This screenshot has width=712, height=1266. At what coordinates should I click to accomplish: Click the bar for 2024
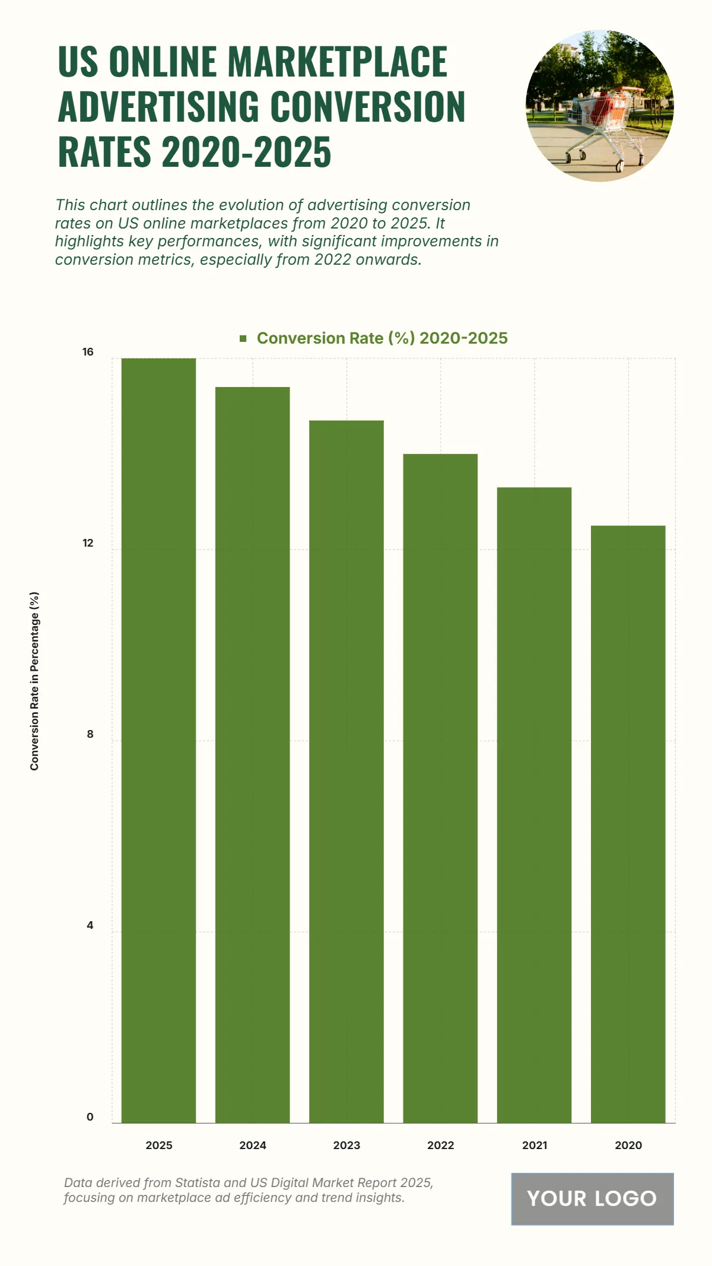[252, 754]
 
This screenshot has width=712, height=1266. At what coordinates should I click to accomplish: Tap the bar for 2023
[347, 771]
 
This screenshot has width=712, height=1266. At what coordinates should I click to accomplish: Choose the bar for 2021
[534, 805]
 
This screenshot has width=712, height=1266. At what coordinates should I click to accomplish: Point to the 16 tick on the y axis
[88, 352]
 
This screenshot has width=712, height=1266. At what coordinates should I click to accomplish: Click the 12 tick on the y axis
[88, 543]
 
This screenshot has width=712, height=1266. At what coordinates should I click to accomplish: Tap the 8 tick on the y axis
[90, 734]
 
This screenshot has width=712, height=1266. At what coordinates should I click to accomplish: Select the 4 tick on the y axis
[90, 925]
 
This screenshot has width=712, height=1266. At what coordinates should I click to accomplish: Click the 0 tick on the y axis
[90, 1116]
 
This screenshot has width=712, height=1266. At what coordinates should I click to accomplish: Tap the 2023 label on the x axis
[347, 1145]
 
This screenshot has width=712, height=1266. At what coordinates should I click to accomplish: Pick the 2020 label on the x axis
[628, 1145]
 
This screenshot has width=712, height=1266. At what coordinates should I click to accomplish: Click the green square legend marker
[243, 338]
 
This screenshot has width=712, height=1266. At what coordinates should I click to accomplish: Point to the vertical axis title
[34, 681]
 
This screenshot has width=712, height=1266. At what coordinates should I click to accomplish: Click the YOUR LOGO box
[592, 1198]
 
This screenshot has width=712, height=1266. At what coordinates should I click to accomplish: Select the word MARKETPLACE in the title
[338, 62]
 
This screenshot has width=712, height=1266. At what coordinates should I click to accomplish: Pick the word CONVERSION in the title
[368, 107]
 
